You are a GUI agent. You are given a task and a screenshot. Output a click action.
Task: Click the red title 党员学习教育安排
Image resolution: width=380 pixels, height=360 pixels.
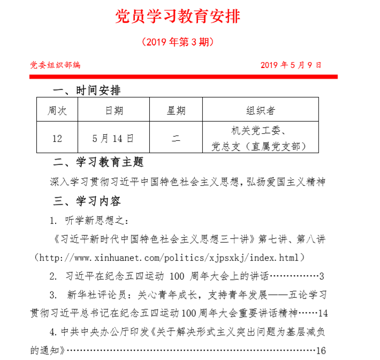coord(178,17)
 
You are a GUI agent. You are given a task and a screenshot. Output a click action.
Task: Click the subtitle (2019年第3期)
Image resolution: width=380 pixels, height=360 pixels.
coord(178,42)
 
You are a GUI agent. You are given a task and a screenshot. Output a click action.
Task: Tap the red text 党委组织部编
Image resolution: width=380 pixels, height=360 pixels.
coord(55,65)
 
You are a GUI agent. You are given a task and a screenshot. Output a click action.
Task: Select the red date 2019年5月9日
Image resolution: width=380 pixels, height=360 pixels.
coord(291,65)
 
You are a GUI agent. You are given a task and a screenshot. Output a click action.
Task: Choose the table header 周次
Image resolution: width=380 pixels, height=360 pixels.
coord(57,110)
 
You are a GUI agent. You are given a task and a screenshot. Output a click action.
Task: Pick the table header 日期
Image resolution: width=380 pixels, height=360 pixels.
coord(113,110)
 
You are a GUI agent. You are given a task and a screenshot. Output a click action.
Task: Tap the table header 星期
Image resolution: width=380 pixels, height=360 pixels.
coord(176,110)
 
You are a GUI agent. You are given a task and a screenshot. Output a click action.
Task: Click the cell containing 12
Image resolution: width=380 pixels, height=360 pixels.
coord(57,139)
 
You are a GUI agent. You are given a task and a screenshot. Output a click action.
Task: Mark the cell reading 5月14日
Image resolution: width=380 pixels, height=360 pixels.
coord(113,139)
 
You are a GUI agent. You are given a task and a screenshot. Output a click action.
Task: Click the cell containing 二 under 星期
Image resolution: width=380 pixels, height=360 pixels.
coord(176,139)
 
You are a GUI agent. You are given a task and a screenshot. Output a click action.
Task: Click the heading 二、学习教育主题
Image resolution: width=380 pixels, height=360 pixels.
coord(98,162)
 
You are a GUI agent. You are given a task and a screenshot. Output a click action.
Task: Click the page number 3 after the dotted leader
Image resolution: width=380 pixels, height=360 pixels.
coord(322,276)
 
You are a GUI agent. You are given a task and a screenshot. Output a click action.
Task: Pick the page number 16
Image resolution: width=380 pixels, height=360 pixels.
coord(321,351)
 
